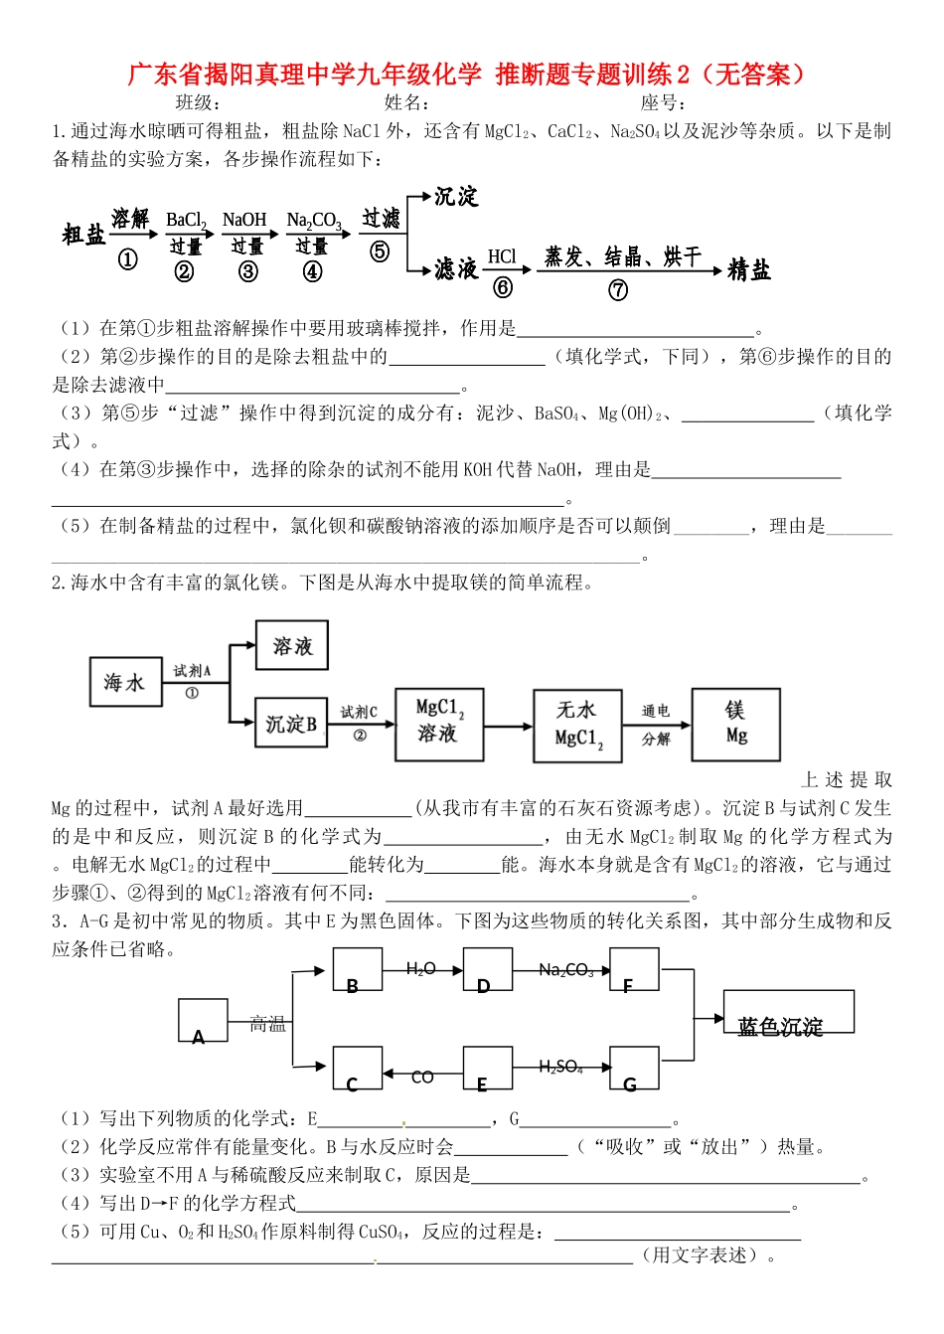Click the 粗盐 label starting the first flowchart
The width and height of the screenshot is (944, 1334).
83,236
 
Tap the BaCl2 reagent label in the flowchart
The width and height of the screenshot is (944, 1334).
186,220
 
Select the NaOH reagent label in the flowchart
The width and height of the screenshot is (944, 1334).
244,220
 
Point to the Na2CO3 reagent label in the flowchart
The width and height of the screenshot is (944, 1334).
313,220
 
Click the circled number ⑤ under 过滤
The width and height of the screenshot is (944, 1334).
380,251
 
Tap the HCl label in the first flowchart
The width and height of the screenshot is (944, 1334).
503,256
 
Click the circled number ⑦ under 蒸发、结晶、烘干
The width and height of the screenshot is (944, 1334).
618,290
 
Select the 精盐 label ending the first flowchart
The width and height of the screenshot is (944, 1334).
748,269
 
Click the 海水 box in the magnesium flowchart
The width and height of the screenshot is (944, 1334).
125,682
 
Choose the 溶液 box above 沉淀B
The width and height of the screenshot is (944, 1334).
292,646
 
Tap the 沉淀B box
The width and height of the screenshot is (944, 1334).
291,723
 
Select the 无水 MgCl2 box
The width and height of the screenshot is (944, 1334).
577,726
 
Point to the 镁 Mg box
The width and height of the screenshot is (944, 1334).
735,725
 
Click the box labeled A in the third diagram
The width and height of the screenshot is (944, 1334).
203,1021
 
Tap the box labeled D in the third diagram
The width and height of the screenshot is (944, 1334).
487,970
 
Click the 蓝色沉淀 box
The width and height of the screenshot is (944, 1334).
788,1013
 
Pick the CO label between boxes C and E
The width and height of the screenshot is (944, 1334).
422,1077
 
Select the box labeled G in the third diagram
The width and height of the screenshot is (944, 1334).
633,1069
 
